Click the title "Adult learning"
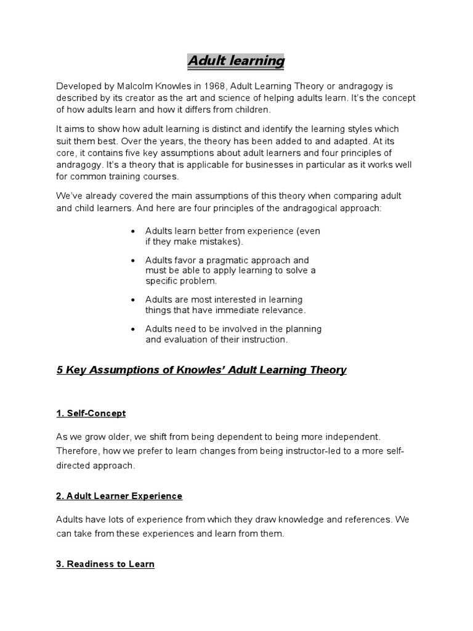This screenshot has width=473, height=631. [x=236, y=62]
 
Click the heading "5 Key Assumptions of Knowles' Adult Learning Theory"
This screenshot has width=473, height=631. [x=201, y=370]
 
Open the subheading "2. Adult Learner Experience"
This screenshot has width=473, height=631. [x=119, y=495]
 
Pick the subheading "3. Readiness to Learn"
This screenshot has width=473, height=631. [x=105, y=564]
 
